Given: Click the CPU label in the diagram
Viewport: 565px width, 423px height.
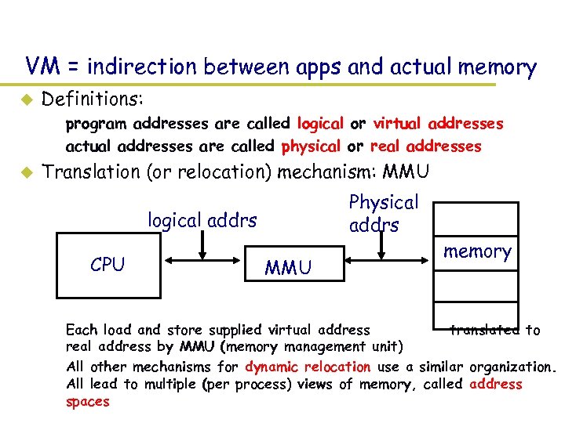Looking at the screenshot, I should [x=108, y=265].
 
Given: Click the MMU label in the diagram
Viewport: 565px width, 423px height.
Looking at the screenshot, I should [x=288, y=269].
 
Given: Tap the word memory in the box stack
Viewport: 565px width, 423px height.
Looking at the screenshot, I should [x=477, y=251].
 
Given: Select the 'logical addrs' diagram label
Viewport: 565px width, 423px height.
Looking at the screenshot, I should [x=202, y=220].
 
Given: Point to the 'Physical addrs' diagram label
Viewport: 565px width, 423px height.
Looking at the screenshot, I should [x=383, y=213].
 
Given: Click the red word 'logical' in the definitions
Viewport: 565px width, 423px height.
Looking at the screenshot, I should [x=320, y=124].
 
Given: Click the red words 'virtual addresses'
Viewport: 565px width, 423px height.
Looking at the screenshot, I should [x=438, y=124].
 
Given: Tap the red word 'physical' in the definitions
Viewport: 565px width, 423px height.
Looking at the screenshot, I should [x=311, y=146].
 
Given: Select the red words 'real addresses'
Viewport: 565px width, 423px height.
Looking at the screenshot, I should [x=425, y=146].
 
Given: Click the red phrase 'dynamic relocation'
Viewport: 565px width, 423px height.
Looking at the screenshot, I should [x=308, y=367].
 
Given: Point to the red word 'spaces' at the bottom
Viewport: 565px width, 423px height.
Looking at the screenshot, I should [x=88, y=401].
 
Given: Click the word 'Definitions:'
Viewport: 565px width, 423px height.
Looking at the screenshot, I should [x=92, y=99].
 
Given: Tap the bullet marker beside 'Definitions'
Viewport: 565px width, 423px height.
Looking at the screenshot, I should [x=24, y=99].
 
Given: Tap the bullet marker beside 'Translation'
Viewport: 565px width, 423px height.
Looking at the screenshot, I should [x=24, y=172].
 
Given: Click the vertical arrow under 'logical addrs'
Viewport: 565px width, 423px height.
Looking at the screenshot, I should [x=203, y=244].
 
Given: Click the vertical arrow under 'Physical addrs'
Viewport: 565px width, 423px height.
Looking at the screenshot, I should [x=382, y=244].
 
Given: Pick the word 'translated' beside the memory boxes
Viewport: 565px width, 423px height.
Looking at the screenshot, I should [x=484, y=330].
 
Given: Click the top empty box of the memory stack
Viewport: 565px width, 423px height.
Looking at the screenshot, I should [x=477, y=218].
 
